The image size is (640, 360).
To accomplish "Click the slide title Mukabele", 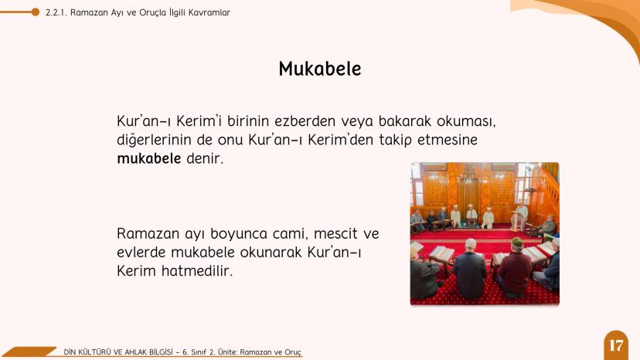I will (x=319, y=69).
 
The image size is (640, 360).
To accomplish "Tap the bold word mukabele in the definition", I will (x=148, y=159).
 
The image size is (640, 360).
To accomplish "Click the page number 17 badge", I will (x=615, y=345).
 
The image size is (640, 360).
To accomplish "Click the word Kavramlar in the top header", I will (x=209, y=12).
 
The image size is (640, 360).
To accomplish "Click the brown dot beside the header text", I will (x=36, y=12).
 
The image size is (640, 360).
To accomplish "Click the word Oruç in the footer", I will (x=292, y=352).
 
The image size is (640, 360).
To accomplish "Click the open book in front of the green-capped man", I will (x=535, y=253).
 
